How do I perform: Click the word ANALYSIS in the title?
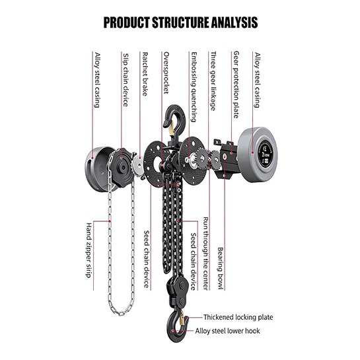click(234, 22)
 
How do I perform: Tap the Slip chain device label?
click(126, 80)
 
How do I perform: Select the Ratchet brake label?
click(145, 74)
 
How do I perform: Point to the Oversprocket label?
click(166, 73)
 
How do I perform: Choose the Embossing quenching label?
click(194, 87)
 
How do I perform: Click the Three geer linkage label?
click(213, 81)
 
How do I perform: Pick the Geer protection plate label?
click(236, 85)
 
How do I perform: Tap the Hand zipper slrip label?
click(89, 250)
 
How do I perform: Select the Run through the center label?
click(206, 254)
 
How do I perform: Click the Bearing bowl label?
click(221, 268)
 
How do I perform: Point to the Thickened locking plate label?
click(238, 317)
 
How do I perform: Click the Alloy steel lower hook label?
click(227, 331)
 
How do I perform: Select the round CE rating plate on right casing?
click(266, 154)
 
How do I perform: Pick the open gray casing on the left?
click(99, 169)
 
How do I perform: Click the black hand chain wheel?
click(122, 167)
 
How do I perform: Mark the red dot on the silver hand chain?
click(110, 221)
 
